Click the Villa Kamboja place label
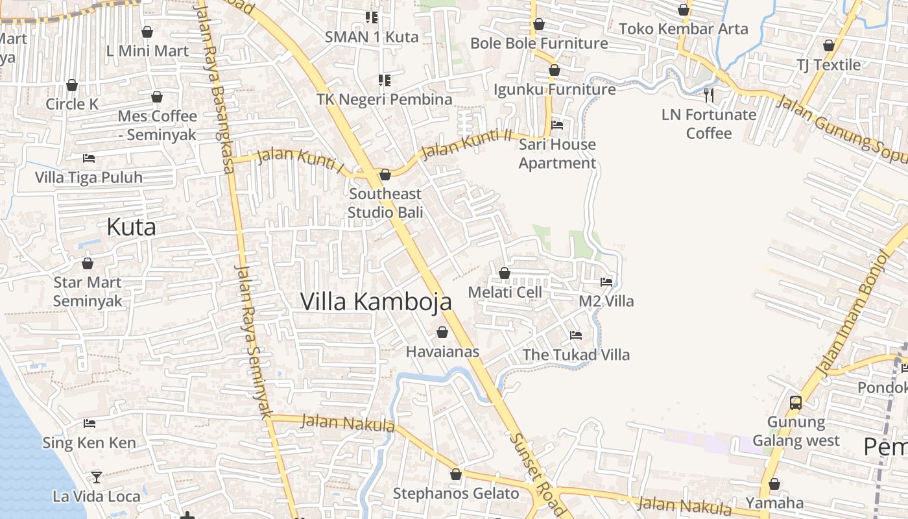(x=376, y=302)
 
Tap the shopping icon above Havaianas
(x=442, y=333)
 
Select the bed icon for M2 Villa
(x=606, y=282)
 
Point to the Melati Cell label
(x=505, y=293)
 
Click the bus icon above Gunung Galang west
(x=796, y=403)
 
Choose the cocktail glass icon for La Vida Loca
(x=97, y=477)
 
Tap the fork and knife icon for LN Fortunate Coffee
(x=709, y=95)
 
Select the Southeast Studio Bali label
(x=385, y=203)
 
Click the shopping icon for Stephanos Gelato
(x=456, y=474)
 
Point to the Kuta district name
(x=131, y=227)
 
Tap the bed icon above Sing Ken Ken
(x=90, y=424)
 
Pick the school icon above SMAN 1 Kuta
(x=372, y=17)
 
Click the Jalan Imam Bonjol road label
(x=851, y=311)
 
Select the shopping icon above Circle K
(x=72, y=85)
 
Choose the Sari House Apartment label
(x=557, y=154)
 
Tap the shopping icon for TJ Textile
(x=828, y=45)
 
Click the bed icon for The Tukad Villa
(x=576, y=335)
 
